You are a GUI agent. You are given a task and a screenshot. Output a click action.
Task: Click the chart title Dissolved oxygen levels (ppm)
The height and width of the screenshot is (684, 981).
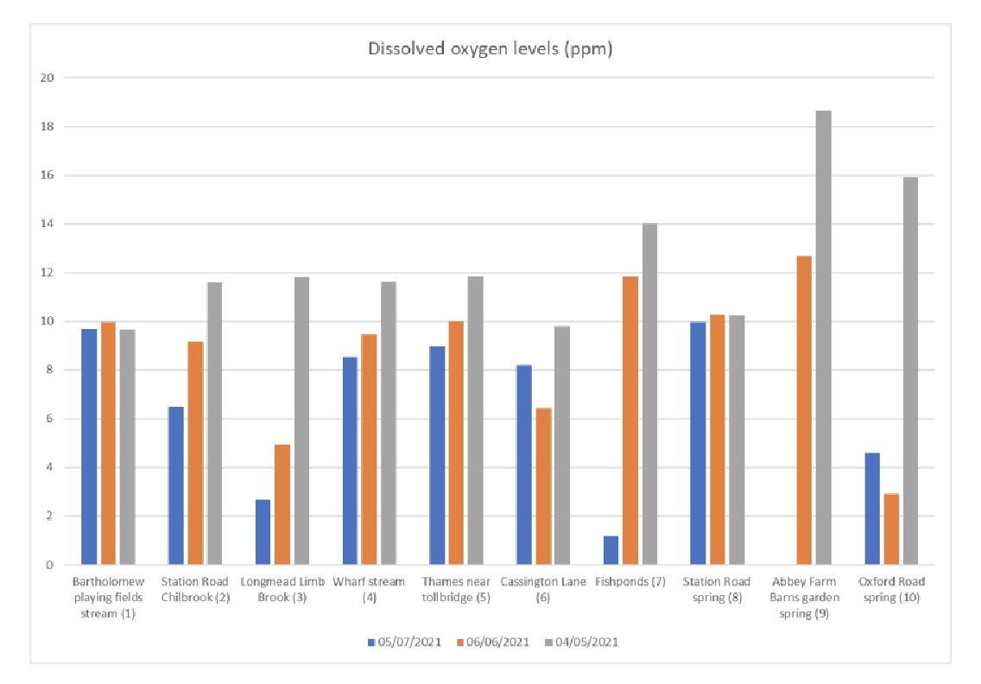(490, 49)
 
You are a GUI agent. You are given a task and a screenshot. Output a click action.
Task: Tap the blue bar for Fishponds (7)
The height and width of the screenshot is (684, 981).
(611, 550)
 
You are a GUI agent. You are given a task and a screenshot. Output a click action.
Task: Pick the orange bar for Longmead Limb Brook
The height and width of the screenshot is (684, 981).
(282, 504)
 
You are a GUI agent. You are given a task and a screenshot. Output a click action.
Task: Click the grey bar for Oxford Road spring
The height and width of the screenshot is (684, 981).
(909, 370)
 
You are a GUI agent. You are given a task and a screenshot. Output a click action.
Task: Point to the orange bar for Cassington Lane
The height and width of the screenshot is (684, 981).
(543, 486)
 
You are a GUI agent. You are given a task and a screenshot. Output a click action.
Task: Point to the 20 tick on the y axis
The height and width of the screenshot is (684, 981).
(48, 78)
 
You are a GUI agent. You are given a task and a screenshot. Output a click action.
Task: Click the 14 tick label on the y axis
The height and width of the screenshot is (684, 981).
(48, 224)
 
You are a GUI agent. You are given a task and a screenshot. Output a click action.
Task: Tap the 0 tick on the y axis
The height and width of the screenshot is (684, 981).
(51, 565)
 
